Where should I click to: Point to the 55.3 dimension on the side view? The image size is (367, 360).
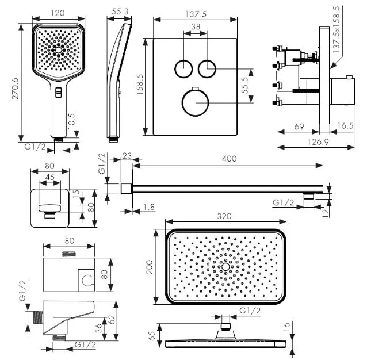(x=119, y=12)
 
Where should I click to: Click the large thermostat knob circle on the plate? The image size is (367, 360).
(x=195, y=104)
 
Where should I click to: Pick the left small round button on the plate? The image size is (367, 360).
(x=182, y=68)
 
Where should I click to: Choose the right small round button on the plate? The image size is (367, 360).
(x=207, y=68)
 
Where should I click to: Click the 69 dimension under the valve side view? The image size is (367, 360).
(x=299, y=125)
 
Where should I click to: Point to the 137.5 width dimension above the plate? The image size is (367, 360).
(x=195, y=12)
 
